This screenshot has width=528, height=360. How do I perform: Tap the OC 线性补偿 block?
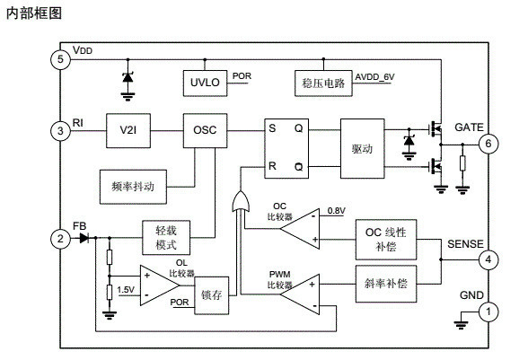[385, 239]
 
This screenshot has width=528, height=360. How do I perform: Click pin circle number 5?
[60, 59]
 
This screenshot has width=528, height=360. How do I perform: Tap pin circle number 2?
[60, 238]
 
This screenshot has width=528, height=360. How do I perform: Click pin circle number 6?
[488, 144]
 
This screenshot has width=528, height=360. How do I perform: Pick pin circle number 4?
[488, 260]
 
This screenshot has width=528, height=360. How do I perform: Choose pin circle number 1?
[488, 312]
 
